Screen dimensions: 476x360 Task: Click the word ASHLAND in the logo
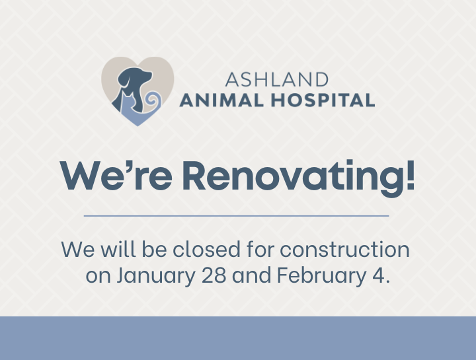pos(276,80)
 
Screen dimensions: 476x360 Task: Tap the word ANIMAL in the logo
pos(221,100)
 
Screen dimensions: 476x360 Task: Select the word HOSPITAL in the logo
pos(323,100)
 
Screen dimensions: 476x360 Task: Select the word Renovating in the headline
pos(294,178)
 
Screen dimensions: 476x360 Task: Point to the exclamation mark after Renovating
pos(410,174)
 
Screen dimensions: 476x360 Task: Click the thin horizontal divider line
pos(236,216)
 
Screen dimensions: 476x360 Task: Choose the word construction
pos(344,250)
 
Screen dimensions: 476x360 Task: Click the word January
pos(156,275)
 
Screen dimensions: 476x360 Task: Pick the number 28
pos(214,275)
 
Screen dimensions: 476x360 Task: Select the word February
pos(321,275)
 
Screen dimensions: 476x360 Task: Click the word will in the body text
pos(118,249)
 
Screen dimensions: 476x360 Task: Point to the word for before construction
pos(260,249)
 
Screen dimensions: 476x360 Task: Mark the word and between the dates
pos(252,275)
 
